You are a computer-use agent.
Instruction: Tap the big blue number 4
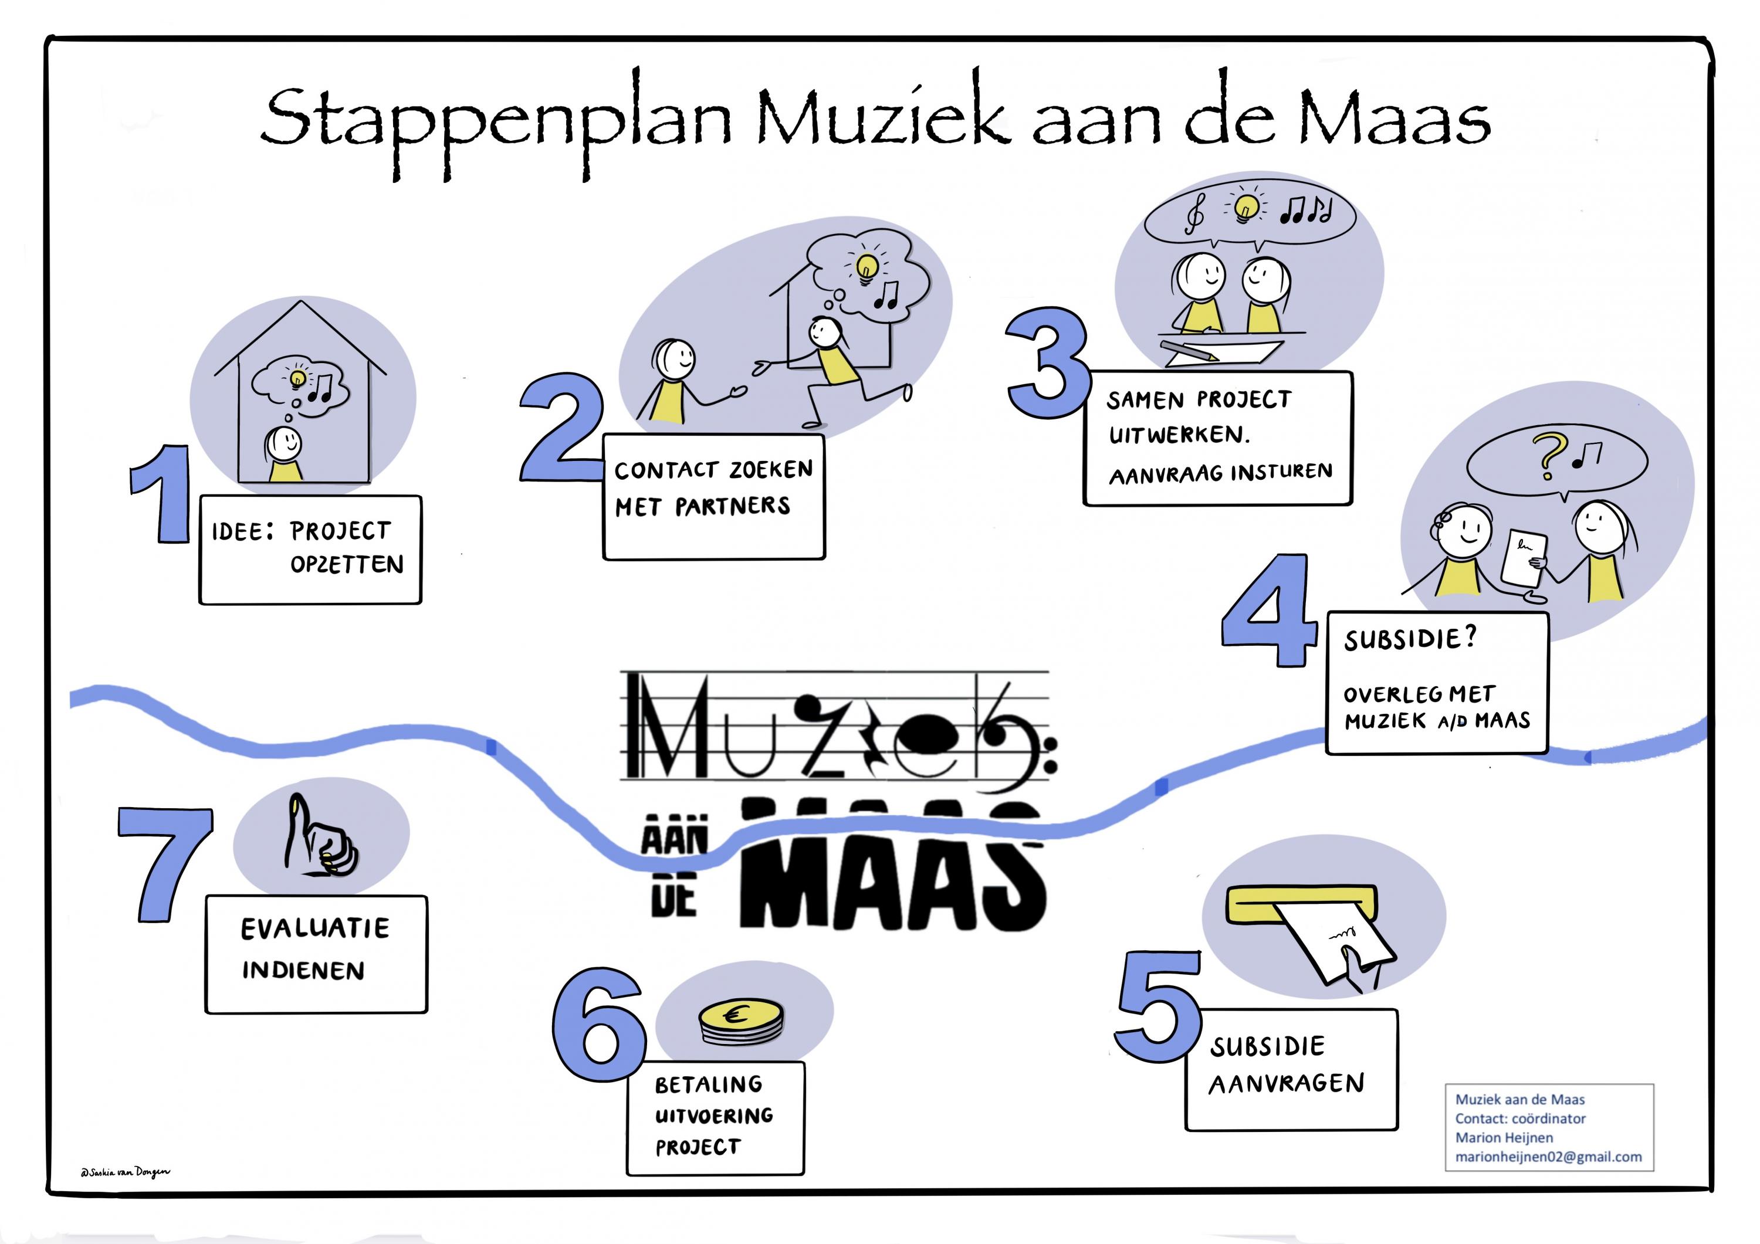tap(1268, 611)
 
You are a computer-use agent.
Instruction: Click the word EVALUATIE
tap(315, 929)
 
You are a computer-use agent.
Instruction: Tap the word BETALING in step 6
tap(708, 1084)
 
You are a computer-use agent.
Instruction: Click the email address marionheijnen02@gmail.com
tap(1548, 1157)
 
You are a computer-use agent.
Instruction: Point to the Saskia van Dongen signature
tap(125, 1172)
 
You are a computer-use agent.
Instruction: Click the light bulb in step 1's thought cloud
tap(298, 378)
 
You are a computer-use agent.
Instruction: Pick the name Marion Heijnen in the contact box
tap(1504, 1137)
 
